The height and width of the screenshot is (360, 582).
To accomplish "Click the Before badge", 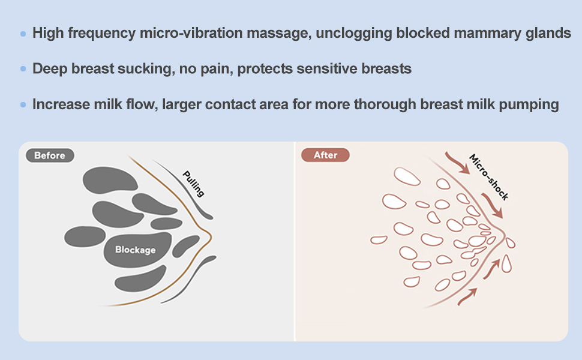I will [49, 155].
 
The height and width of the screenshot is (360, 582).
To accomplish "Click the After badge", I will [325, 155].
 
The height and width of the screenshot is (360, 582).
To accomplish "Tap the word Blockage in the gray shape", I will [135, 250].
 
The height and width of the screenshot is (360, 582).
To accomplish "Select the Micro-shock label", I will [489, 178].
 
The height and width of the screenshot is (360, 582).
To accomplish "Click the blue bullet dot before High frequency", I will [23, 34].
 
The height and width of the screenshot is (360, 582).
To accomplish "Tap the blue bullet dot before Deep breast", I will [23, 69].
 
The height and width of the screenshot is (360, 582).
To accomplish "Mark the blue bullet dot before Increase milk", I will [23, 105].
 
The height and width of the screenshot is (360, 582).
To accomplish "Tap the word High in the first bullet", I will [47, 33].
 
